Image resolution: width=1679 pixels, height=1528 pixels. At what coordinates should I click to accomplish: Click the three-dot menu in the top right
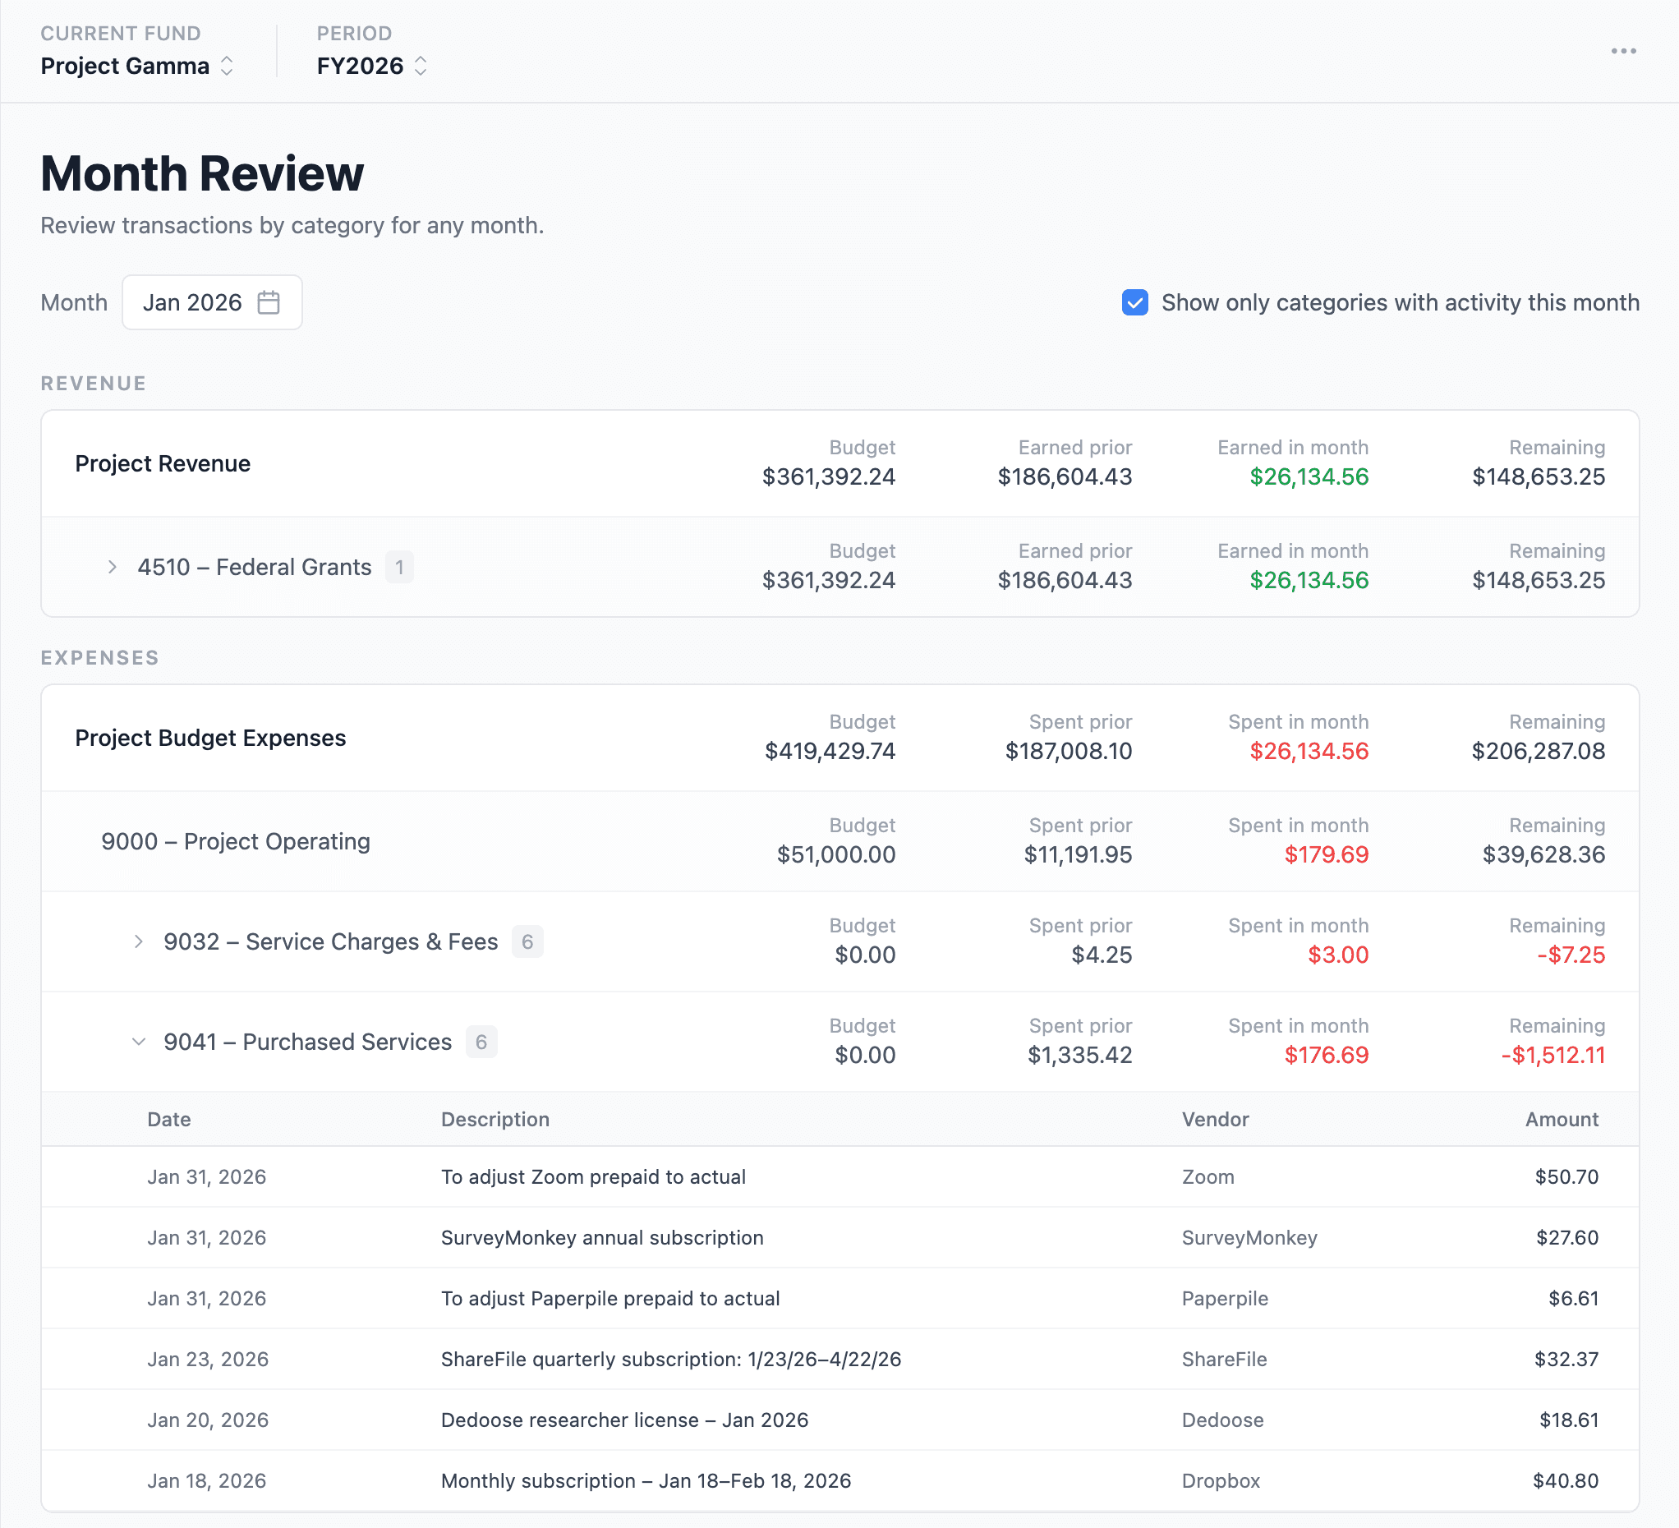click(1623, 52)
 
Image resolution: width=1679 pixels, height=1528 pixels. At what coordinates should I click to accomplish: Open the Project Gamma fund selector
click(137, 66)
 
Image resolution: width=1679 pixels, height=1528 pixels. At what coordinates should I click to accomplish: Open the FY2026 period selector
click(371, 66)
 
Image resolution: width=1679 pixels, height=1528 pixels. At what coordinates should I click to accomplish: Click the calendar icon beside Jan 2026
click(268, 302)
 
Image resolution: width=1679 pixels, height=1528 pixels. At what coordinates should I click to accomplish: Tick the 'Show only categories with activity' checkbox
click(1134, 302)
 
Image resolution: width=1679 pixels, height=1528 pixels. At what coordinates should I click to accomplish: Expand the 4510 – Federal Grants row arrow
click(113, 567)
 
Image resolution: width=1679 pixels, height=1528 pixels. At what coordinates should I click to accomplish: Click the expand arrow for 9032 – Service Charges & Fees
click(138, 941)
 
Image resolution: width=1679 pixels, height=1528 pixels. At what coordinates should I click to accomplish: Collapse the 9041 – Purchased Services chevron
click(138, 1042)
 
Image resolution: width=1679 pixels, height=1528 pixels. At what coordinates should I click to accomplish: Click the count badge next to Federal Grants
click(399, 567)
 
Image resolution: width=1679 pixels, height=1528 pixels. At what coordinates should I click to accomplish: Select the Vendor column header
click(1215, 1119)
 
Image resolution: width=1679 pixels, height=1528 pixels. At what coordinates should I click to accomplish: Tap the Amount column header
click(1562, 1119)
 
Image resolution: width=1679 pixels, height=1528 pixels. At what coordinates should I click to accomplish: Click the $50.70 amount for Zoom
click(1566, 1176)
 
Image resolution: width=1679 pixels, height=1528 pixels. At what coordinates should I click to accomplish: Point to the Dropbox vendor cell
click(1221, 1480)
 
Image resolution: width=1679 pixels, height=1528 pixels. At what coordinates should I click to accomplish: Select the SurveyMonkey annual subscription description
click(602, 1237)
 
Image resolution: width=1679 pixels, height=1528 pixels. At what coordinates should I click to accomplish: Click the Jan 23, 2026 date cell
click(207, 1359)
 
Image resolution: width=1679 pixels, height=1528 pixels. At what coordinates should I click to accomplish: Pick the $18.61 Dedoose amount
click(1569, 1420)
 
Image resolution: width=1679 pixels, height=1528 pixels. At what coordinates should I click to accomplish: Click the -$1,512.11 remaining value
click(1552, 1055)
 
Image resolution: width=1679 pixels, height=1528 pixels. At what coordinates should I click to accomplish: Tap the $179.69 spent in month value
click(1326, 854)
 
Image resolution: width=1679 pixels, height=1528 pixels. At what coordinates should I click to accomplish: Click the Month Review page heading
click(202, 173)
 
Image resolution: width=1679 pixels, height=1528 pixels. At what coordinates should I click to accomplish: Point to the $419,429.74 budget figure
click(830, 751)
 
